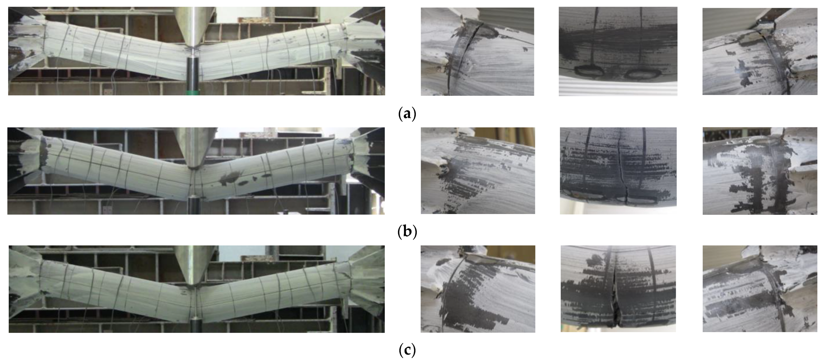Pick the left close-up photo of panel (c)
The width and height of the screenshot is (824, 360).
tap(478, 289)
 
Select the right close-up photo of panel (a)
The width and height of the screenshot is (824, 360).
tap(760, 51)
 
